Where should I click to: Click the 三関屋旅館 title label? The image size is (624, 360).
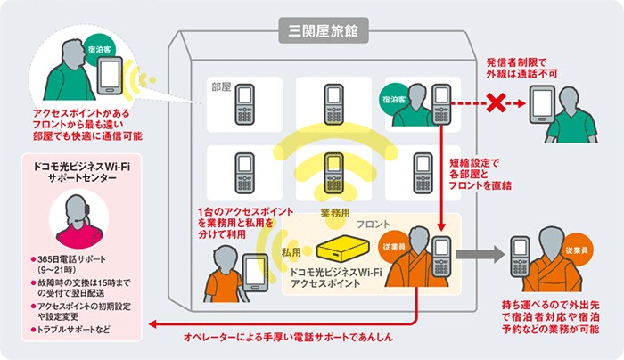(x=323, y=30)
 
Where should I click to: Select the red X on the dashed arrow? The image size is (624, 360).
(x=496, y=103)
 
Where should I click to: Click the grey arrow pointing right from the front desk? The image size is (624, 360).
(x=480, y=254)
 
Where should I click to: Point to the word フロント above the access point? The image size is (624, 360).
(x=373, y=225)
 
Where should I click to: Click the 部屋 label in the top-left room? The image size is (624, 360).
(x=221, y=87)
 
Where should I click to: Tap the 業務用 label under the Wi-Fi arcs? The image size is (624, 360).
(x=334, y=214)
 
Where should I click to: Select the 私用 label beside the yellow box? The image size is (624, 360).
(x=291, y=252)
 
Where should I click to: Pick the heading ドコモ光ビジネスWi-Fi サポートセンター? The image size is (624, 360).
(x=82, y=172)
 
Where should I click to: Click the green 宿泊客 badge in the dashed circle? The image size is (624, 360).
(x=100, y=50)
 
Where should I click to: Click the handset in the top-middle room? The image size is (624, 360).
(x=333, y=104)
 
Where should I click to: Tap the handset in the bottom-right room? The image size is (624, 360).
(x=423, y=173)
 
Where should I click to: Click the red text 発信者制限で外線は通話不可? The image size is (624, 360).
(x=521, y=68)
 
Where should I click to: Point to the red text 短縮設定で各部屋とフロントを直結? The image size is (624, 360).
(x=480, y=175)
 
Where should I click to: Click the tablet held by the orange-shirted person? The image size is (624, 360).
(x=255, y=273)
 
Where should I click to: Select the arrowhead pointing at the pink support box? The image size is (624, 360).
(x=152, y=324)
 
